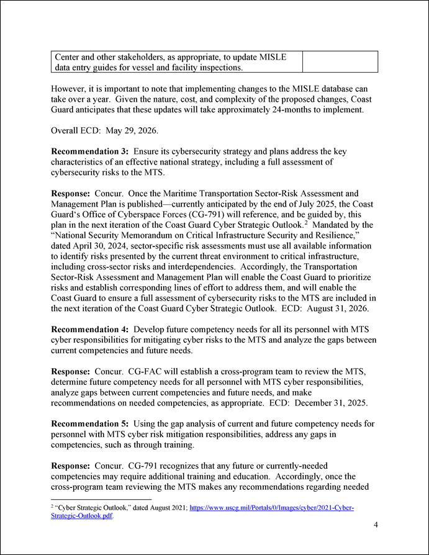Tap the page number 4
[x=376, y=525]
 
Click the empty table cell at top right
[x=340, y=61]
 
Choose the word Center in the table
[x=69, y=56]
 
